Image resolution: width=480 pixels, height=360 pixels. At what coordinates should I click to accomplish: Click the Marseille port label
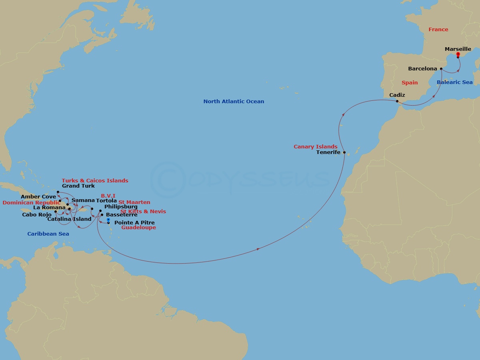(458, 49)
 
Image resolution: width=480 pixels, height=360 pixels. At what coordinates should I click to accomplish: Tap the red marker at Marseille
(458, 54)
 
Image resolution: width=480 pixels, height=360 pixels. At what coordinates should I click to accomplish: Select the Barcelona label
(422, 69)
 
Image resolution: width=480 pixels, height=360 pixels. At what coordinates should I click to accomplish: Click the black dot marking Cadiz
(397, 101)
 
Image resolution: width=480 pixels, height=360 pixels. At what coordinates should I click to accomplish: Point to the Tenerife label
(328, 152)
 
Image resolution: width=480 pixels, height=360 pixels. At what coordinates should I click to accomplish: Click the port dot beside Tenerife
(344, 152)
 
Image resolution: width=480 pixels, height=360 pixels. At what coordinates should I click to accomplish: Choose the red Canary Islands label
(315, 147)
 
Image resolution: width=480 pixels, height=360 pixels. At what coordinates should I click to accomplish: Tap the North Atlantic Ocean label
(234, 102)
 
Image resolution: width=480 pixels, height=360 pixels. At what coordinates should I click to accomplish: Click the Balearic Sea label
(454, 82)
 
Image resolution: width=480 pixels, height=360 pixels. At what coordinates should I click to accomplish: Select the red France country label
(438, 30)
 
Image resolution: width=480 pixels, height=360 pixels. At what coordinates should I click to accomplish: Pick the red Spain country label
(409, 83)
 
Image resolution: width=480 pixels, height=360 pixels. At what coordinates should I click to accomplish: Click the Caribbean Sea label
(48, 234)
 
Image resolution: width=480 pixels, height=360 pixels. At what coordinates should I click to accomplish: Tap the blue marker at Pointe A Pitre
(108, 220)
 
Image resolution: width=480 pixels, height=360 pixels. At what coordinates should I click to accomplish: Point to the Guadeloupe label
(138, 228)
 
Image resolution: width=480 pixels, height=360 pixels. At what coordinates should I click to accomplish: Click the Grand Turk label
(78, 186)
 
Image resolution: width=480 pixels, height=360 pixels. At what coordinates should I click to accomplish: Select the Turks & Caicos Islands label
(95, 181)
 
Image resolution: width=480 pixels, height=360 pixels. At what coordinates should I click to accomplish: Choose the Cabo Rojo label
(37, 215)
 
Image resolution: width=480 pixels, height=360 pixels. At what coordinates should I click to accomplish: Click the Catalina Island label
(69, 219)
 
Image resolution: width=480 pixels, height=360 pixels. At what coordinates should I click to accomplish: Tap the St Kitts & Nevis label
(143, 212)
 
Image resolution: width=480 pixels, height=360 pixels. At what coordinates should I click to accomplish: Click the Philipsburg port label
(121, 207)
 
